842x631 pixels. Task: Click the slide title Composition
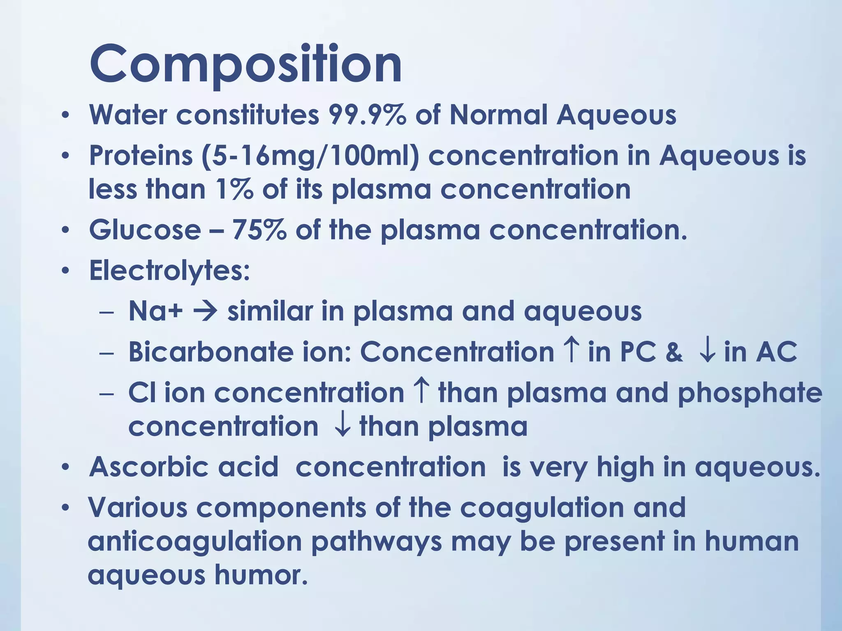tap(245, 65)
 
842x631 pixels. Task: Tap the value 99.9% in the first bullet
tap(367, 115)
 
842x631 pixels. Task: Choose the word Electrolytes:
tap(169, 271)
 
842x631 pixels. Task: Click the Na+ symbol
tap(155, 311)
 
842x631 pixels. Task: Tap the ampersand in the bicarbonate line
tap(674, 352)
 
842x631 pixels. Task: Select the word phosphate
tap(749, 393)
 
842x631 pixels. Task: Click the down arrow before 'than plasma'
tap(342, 427)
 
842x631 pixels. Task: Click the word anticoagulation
tap(195, 541)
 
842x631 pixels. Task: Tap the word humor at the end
tap(261, 575)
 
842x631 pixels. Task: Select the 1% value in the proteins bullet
tap(233, 189)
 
